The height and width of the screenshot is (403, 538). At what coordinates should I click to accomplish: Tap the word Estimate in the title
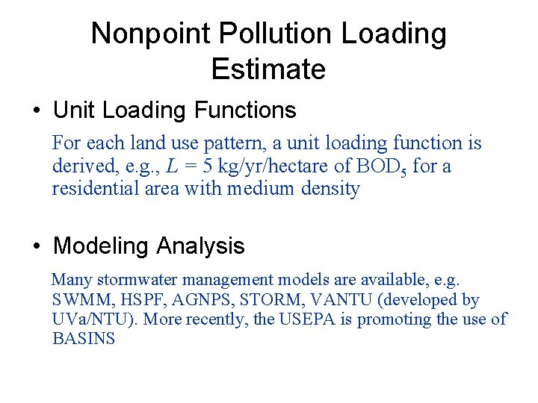(x=268, y=69)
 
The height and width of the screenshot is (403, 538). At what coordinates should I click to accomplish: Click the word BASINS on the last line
(x=84, y=339)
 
